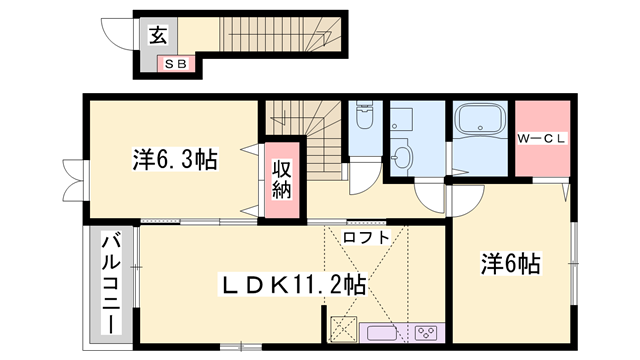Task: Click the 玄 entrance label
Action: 158,37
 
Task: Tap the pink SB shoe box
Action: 175,64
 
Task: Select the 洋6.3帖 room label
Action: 176,158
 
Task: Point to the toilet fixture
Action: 364,118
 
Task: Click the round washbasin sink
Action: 402,156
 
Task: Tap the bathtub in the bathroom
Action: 480,125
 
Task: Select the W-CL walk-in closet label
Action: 541,139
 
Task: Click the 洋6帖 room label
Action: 510,264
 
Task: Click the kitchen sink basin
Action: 384,332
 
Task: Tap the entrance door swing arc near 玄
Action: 121,33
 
